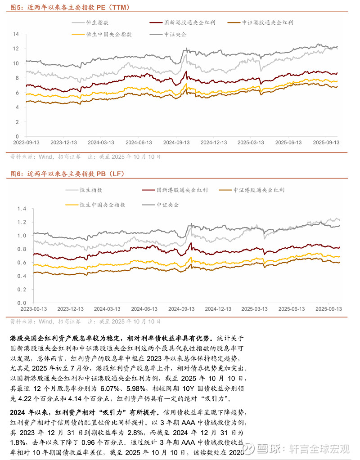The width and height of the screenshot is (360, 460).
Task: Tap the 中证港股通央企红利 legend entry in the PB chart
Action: click(x=259, y=190)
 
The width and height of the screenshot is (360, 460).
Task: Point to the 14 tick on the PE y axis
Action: click(x=16, y=34)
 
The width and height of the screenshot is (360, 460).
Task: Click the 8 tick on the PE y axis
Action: click(x=17, y=78)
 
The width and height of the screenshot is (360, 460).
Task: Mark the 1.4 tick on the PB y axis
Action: click(x=15, y=209)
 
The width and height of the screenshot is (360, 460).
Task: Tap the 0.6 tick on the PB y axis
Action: click(x=15, y=263)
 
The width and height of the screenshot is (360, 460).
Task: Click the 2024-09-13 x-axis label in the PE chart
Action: click(x=176, y=143)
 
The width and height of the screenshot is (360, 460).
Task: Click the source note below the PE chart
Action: click(x=85, y=157)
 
